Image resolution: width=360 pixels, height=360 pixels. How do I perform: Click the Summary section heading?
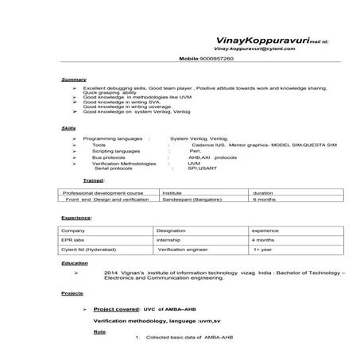point(74,79)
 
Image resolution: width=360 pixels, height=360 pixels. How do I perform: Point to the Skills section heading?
point(69,128)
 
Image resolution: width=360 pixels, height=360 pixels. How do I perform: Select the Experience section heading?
point(76,217)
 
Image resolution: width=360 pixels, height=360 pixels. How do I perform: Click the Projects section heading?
point(73,293)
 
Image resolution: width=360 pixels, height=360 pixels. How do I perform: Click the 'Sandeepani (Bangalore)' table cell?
point(193,200)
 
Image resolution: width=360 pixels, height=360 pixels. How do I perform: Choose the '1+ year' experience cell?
point(264,249)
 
